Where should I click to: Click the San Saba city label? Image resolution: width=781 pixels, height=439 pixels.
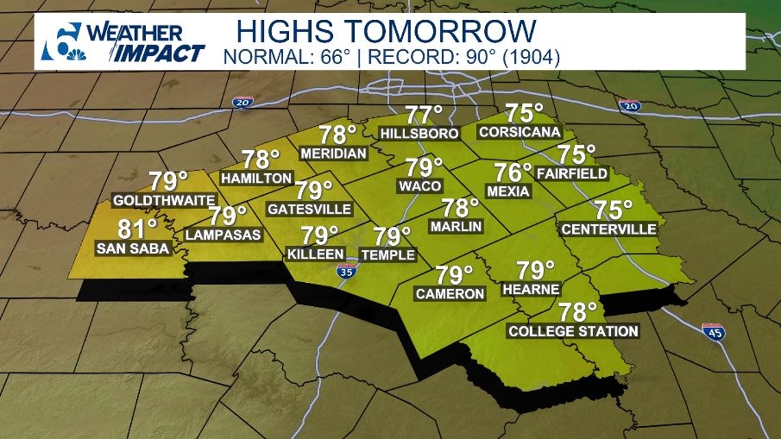click(133, 249)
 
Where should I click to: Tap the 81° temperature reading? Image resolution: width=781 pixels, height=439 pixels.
click(138, 227)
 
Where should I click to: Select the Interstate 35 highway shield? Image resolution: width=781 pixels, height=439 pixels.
click(347, 271)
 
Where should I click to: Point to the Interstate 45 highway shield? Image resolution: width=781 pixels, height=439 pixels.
click(713, 332)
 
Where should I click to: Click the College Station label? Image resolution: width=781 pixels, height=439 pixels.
click(573, 331)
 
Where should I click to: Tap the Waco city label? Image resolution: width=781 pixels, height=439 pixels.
click(420, 186)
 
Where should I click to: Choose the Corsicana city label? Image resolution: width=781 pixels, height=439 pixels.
click(520, 132)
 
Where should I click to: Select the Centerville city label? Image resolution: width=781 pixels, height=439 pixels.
click(608, 230)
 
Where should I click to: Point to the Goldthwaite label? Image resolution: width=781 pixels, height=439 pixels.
click(164, 201)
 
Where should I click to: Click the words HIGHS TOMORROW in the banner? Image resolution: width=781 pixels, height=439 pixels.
click(386, 32)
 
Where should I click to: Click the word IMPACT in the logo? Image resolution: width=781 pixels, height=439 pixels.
click(158, 53)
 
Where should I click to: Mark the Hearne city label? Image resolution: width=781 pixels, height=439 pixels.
click(531, 290)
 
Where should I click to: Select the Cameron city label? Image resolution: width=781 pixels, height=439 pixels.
click(450, 294)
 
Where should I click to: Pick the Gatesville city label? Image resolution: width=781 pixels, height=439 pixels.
click(309, 209)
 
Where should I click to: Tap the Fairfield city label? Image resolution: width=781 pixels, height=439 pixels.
click(572, 174)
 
